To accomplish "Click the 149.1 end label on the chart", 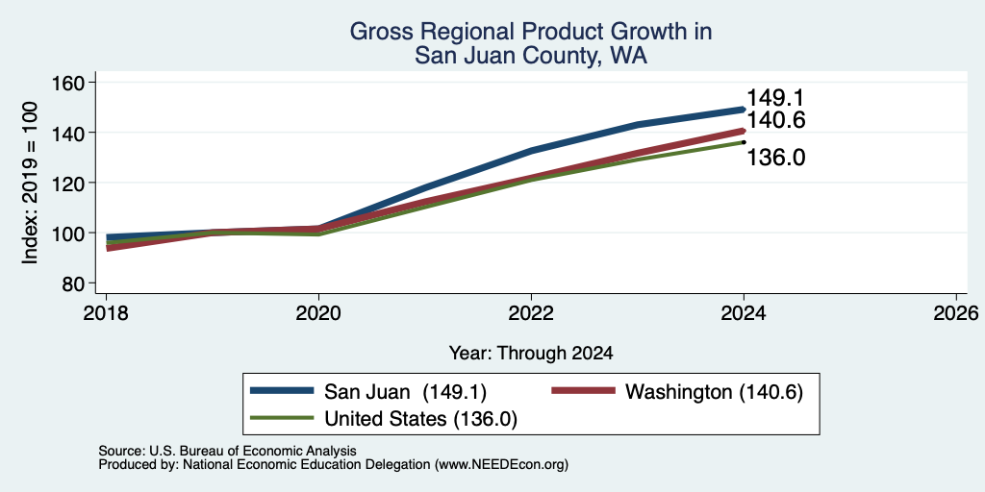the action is point(775,98).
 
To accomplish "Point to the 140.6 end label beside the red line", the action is point(776,120).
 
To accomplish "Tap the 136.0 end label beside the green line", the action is point(776,158).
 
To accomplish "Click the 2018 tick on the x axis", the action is point(106,313).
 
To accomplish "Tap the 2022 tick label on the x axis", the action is point(531,313).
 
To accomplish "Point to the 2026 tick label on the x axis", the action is point(956,313).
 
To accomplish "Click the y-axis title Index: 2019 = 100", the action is point(30,183).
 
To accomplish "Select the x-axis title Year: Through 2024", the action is point(531,354).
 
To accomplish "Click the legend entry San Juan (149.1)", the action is point(405,392).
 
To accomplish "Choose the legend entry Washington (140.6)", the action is point(715,392).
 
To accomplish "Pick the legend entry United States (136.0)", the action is point(420,419).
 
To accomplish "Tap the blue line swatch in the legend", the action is point(282,391).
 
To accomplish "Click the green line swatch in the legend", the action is point(282,418).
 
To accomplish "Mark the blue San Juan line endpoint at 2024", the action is point(744,110).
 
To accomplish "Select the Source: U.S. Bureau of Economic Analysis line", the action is point(227,451).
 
